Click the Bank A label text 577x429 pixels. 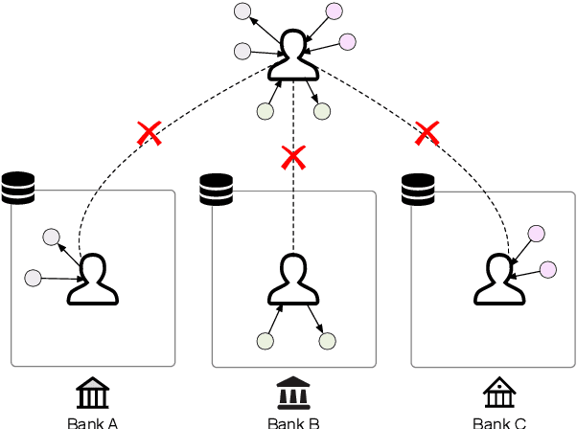(x=93, y=421)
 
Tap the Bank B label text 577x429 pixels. (x=293, y=421)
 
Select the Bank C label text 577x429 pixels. (x=499, y=421)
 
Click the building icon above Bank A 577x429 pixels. (x=93, y=393)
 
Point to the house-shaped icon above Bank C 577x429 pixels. (x=498, y=393)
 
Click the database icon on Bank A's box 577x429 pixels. (x=17, y=187)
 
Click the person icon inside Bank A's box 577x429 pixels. (x=94, y=280)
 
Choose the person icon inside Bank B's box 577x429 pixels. (x=293, y=280)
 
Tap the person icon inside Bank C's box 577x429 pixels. (x=498, y=280)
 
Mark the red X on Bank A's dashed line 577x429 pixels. (x=149, y=133)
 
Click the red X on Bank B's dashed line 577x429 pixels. (x=293, y=156)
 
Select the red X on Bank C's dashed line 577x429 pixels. (x=427, y=133)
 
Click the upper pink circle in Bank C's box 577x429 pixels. (x=537, y=233)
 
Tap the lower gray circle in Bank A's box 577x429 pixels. (x=34, y=278)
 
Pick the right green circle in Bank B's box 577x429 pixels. (x=327, y=340)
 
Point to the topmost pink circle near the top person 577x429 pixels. (x=334, y=11)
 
